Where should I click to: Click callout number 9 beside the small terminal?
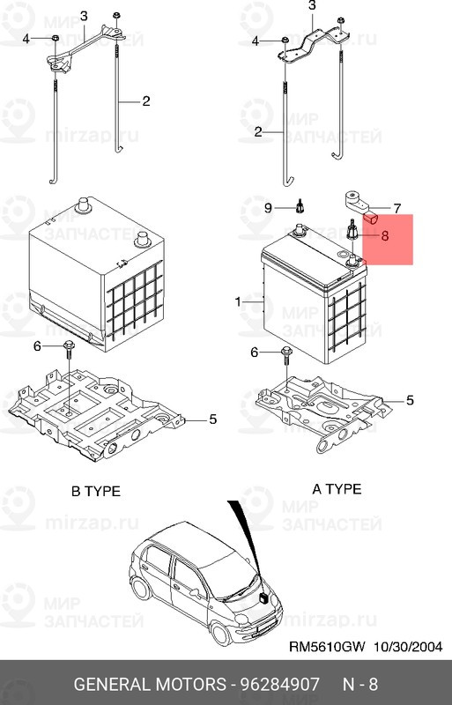[x=268, y=208]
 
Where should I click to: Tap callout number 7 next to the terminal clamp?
[x=396, y=209]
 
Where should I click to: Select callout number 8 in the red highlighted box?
[x=384, y=235]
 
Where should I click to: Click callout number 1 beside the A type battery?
[x=239, y=301]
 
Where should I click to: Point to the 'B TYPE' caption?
[x=96, y=491]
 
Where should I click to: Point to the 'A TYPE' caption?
[x=337, y=489]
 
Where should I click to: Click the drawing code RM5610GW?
[x=327, y=647]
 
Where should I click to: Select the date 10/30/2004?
[x=407, y=647]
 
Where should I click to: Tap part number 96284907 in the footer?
[x=279, y=685]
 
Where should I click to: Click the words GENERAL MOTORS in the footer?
[x=150, y=685]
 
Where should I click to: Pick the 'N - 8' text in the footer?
[x=360, y=685]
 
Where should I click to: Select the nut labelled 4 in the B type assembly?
[x=56, y=39]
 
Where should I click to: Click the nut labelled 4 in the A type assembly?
[x=285, y=41]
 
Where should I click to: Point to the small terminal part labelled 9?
[x=300, y=206]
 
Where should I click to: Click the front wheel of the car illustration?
[x=221, y=633]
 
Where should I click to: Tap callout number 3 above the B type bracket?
[x=84, y=17]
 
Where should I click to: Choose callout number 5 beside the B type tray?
[x=212, y=419]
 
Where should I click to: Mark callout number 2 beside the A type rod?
[x=258, y=131]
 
